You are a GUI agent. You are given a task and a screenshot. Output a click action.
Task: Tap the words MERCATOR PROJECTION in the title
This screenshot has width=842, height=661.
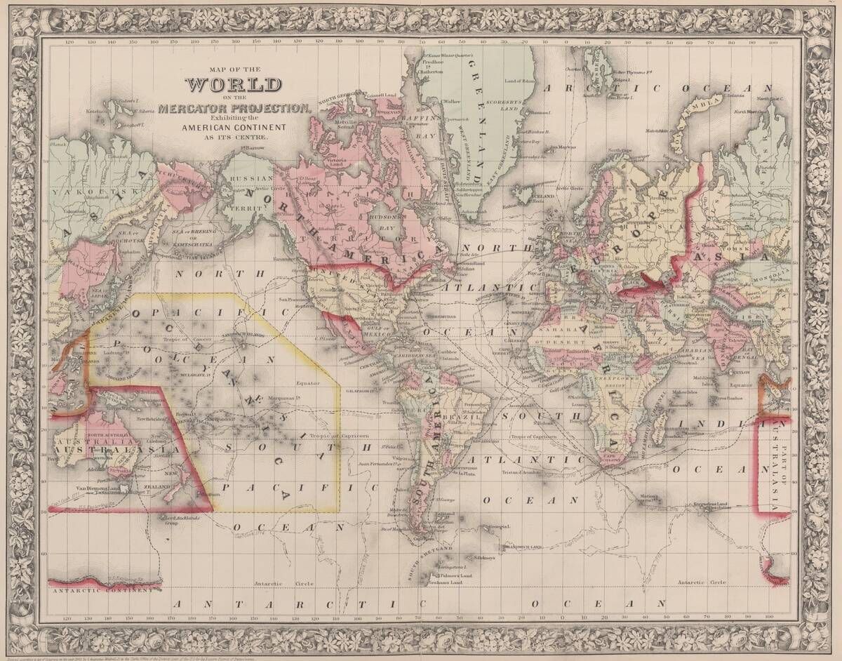[x=234, y=107]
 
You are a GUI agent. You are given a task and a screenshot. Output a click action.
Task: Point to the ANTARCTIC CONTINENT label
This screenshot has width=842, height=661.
[x=102, y=590]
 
